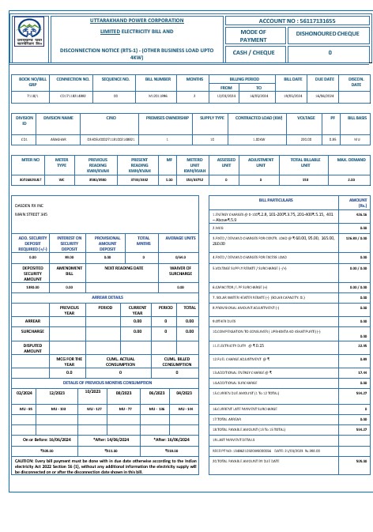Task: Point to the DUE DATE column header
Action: [x=325, y=80]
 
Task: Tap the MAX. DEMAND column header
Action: [x=352, y=160]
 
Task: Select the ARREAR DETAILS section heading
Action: [x=108, y=297]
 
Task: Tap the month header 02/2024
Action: [x=24, y=392]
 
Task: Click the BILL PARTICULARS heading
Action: [x=275, y=201]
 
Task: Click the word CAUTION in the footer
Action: [x=24, y=459]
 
